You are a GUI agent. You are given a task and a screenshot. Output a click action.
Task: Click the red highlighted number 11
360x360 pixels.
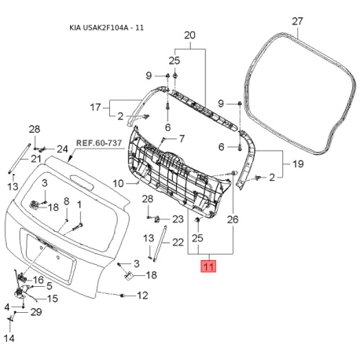[x=208, y=266]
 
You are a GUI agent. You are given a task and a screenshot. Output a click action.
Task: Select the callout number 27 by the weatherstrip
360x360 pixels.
[x=297, y=21]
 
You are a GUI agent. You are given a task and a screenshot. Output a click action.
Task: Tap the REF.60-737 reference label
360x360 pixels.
[x=99, y=143]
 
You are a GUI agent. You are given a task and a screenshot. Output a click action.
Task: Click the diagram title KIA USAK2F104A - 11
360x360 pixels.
[x=107, y=28]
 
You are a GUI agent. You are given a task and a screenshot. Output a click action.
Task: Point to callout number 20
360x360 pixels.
[x=190, y=35]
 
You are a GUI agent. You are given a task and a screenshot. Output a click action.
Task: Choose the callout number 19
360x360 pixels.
[x=298, y=164]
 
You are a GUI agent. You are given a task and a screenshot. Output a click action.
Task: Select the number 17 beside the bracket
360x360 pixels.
[x=95, y=107]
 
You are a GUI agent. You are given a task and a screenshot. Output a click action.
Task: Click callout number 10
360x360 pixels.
[x=118, y=183]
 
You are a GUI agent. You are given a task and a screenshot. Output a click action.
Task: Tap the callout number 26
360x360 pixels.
[x=233, y=219]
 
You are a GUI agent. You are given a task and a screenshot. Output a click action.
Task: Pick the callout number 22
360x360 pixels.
[x=178, y=242]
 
